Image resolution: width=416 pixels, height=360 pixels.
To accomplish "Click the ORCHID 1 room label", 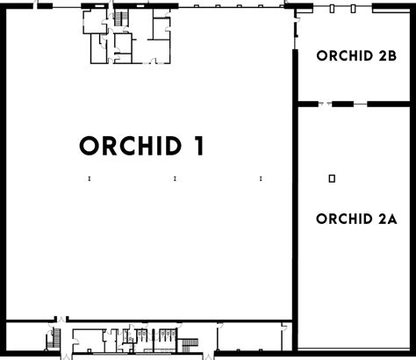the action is point(141,146).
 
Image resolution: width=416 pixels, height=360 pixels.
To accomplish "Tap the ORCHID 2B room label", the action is point(356,55).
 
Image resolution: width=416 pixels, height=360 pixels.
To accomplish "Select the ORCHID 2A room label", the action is point(356,219).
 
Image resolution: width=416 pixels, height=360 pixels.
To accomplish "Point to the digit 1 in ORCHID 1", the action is point(199,146).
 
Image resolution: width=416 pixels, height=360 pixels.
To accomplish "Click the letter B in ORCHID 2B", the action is point(392,55).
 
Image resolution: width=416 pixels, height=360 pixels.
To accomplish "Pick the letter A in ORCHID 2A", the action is point(392,219).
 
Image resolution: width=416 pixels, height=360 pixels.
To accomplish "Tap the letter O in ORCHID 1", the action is point(89,146).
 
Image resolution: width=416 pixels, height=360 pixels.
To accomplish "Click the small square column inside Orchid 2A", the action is point(332,178).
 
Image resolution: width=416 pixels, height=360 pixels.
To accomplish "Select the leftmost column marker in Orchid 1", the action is point(90,178).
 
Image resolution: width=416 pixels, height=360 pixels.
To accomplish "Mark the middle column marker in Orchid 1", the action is point(175,178).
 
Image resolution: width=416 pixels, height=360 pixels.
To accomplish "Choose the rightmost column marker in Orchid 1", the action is point(261,178).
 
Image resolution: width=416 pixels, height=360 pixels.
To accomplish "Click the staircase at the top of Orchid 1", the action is point(119,18).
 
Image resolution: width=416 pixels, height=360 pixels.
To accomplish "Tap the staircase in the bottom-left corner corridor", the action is point(57,338).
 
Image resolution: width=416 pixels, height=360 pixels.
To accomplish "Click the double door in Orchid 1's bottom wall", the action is point(61,320).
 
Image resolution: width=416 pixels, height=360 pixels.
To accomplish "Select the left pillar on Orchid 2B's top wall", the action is point(332,9).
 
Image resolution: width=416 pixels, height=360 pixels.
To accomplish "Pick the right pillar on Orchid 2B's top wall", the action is point(353,9).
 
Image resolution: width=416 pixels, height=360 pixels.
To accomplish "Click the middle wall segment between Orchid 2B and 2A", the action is point(342,104).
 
